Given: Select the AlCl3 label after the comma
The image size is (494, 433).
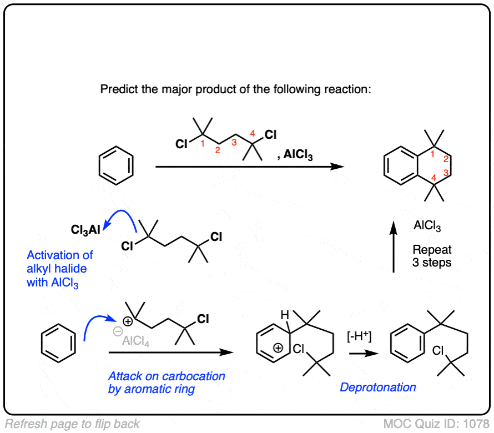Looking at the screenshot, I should pos(298,157).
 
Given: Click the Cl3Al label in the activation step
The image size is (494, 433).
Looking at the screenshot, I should pos(85,229).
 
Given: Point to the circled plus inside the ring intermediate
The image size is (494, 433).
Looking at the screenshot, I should pos(278,348).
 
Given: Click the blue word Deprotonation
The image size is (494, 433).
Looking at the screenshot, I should pos(378,387).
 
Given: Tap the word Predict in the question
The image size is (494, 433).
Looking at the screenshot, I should pos(118,89).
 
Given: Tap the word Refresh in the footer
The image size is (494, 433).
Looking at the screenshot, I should pos(24,424).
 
